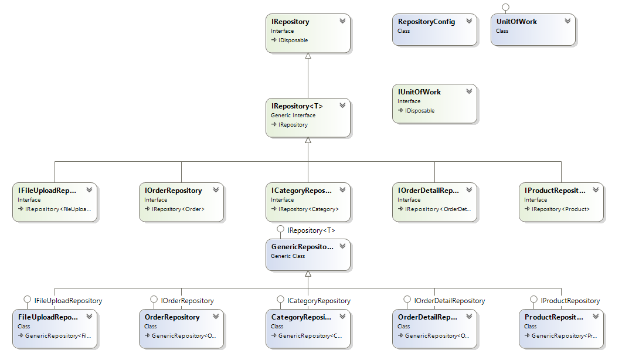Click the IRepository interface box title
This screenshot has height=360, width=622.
tap(290, 22)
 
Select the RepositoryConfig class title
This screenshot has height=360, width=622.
tap(426, 22)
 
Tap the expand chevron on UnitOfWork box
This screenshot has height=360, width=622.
tap(567, 21)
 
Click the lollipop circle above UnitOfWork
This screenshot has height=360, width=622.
tap(505, 7)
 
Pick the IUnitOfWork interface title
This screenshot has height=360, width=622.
tap(419, 92)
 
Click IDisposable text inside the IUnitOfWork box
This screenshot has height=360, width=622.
tap(419, 111)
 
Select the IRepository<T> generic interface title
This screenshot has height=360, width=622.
tap(297, 106)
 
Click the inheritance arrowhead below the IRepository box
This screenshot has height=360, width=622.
tap(308, 57)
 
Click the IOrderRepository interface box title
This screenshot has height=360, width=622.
tap(173, 191)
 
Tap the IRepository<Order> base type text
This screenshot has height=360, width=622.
tap(178, 209)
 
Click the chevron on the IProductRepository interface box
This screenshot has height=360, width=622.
tap(596, 190)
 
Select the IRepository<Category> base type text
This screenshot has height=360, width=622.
tap(308, 209)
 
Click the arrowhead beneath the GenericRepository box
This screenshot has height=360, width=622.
tap(308, 274)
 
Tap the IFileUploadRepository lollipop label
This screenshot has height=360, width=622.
tap(68, 301)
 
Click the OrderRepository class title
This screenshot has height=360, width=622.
tap(172, 317)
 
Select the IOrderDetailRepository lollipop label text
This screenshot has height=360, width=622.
tap(449, 301)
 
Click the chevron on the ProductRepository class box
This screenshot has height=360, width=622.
tap(596, 317)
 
